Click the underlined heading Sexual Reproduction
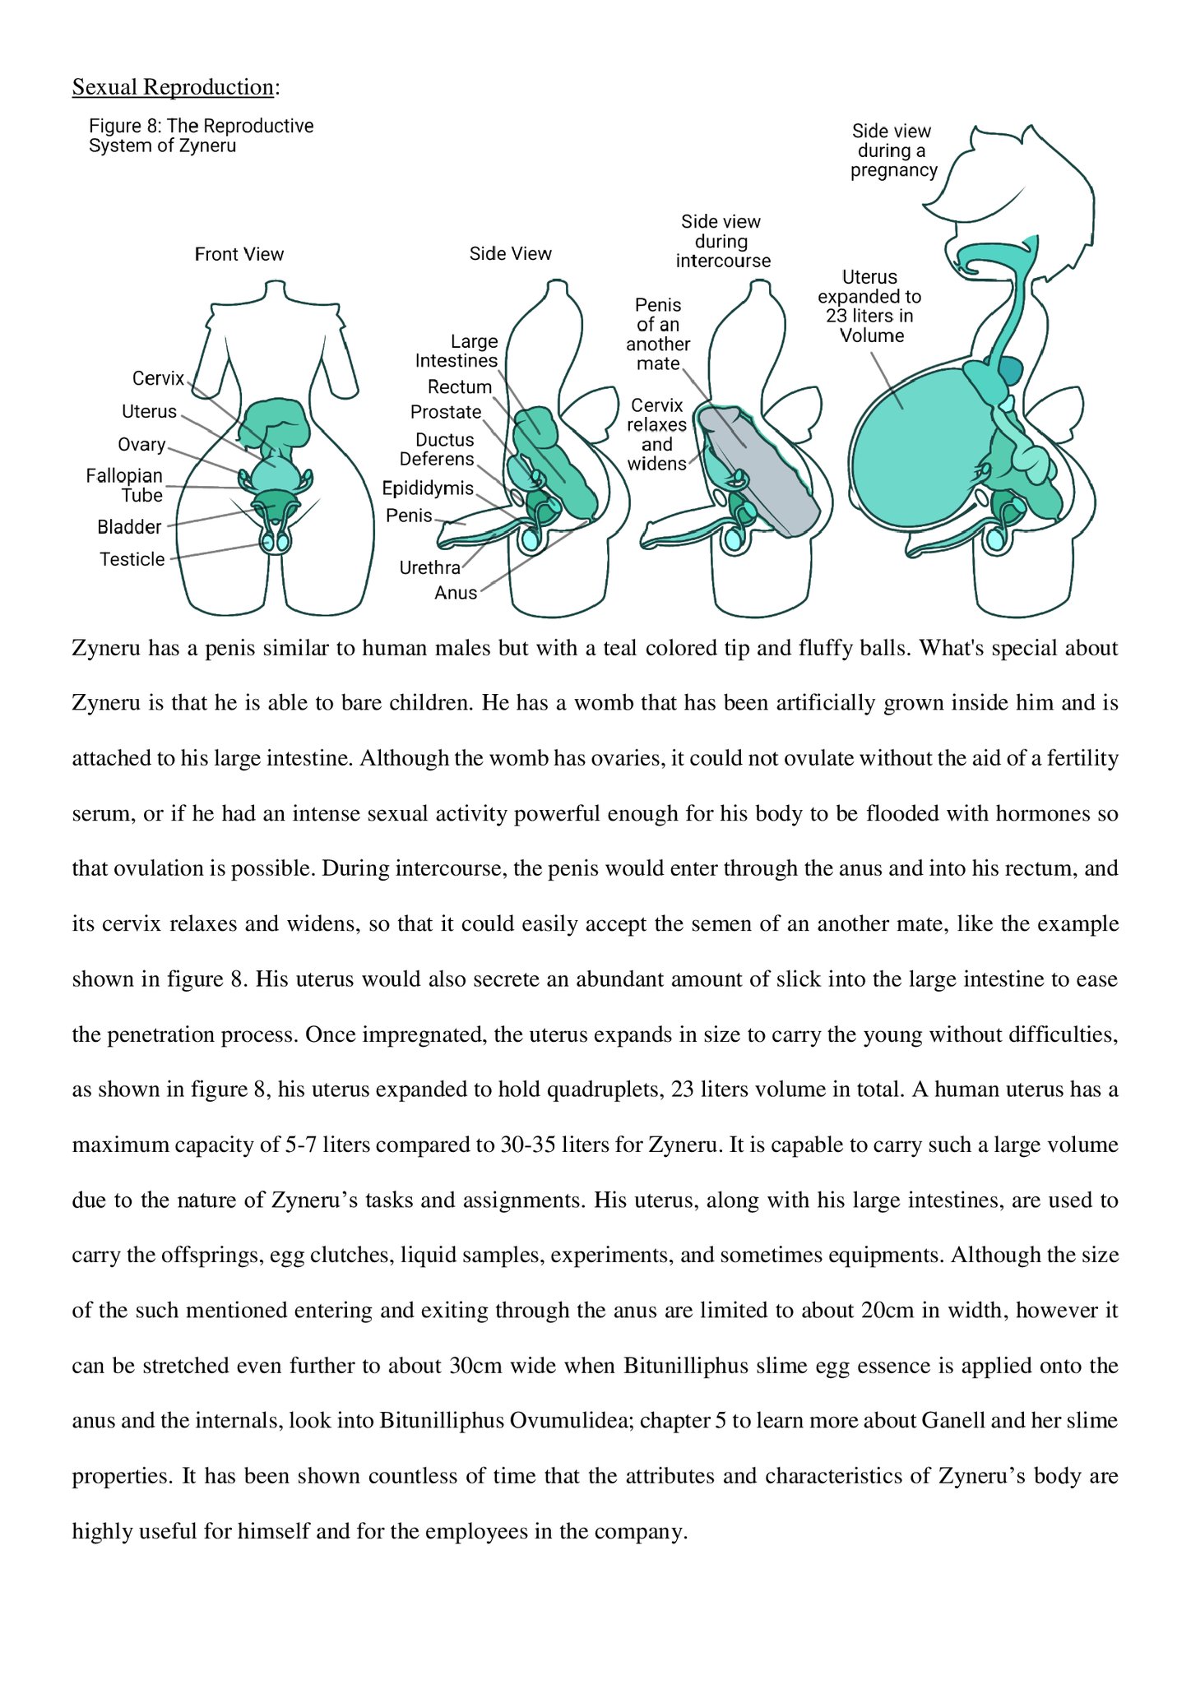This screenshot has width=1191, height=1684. [173, 87]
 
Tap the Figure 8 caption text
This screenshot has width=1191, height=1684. [201, 136]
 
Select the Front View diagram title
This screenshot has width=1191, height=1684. [239, 254]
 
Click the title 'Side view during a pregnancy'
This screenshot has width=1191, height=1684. [893, 150]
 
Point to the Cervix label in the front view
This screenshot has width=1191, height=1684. [158, 378]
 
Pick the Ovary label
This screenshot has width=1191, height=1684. [141, 445]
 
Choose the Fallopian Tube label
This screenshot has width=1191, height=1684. [125, 485]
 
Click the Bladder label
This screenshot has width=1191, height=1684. [129, 527]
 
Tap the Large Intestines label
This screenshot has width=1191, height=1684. [456, 351]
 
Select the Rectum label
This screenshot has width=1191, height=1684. [459, 386]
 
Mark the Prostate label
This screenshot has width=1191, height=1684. [446, 412]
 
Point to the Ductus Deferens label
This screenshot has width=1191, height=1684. [437, 449]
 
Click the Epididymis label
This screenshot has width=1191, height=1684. [428, 488]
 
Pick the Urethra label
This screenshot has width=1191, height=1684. [429, 567]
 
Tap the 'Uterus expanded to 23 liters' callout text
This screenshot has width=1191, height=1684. [870, 306]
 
